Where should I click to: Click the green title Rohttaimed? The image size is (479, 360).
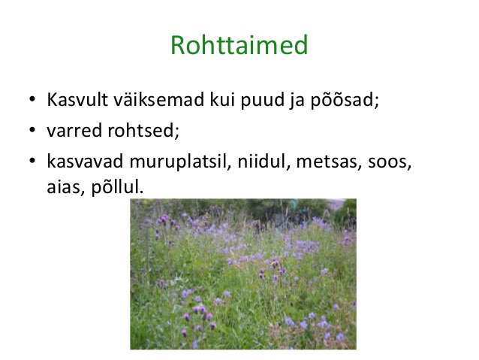coord(239,44)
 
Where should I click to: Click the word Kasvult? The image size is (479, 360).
coord(77,99)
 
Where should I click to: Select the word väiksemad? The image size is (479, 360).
coord(159,99)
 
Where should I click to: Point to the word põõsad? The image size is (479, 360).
coord(345,100)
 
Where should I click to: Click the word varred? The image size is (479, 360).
coord(74,130)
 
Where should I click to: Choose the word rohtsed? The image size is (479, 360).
coord(143,130)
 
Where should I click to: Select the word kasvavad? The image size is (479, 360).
coord(85,161)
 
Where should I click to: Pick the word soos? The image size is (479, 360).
coord(390,162)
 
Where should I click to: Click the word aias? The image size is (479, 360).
coord(65,186)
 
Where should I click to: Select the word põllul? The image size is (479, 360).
coord(118,187)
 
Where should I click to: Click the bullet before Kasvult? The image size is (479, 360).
coord(32,99)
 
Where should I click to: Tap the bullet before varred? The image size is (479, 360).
coord(32,130)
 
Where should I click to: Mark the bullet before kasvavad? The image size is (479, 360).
coord(32,161)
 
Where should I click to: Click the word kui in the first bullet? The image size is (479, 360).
coord(222,99)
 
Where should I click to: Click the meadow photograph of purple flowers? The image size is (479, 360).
coord(243,274)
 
